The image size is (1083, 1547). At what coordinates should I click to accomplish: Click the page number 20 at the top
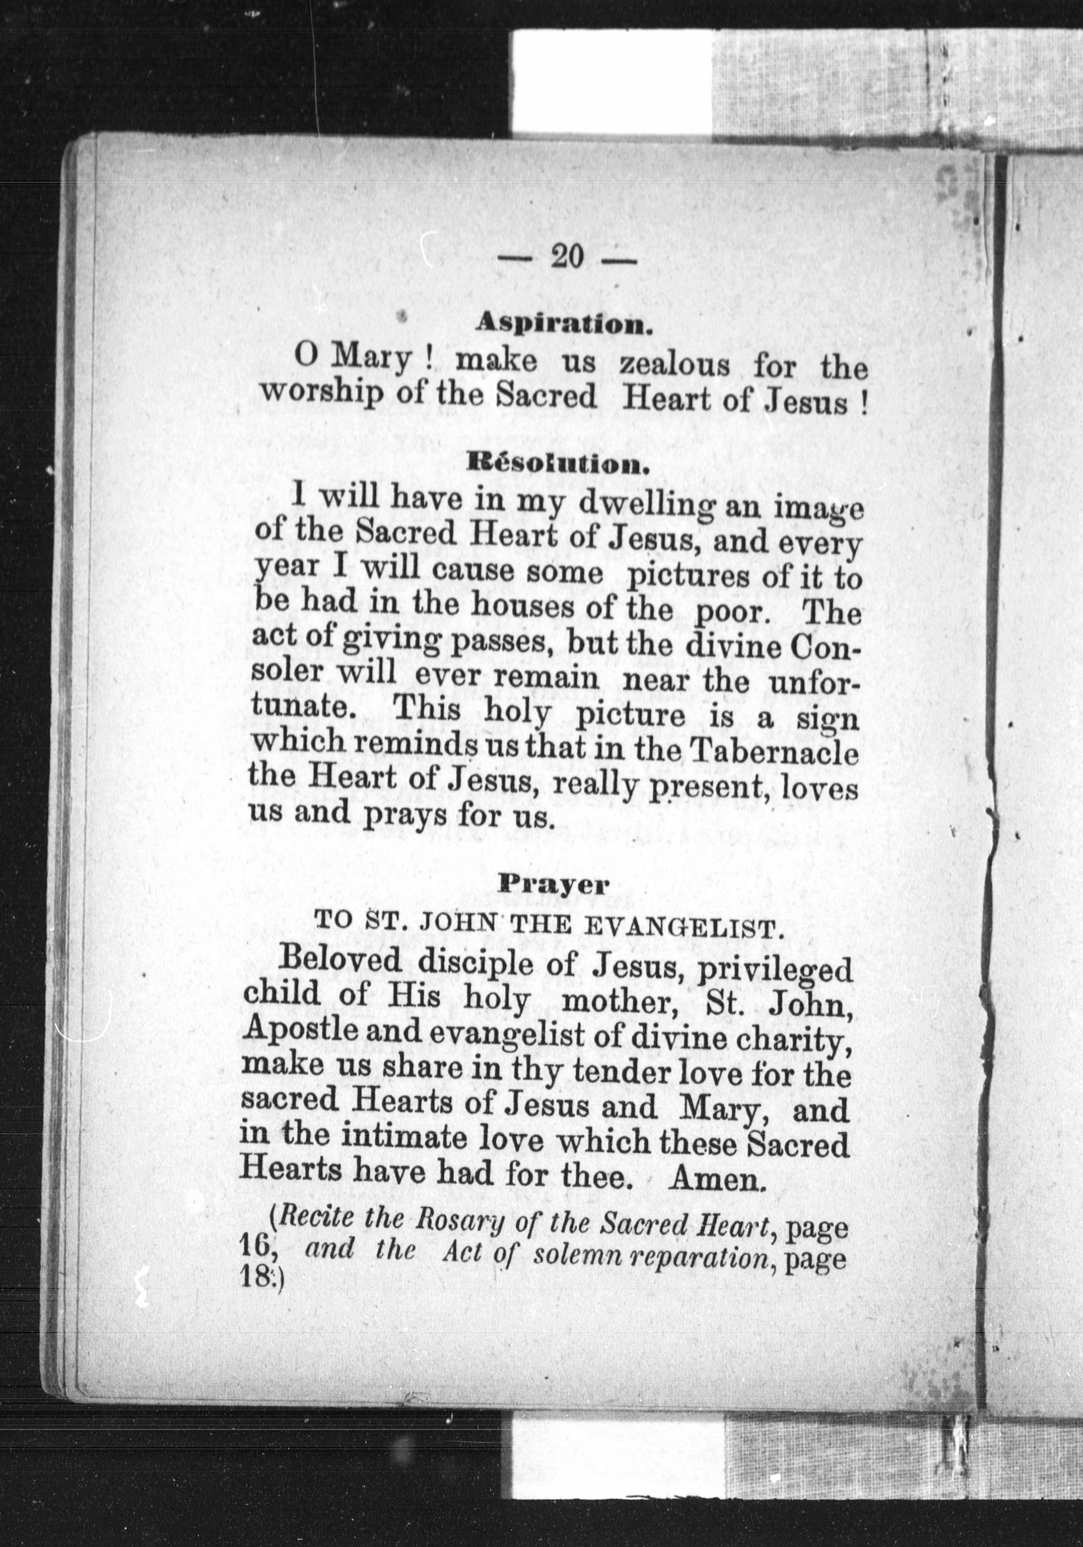(x=567, y=257)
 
